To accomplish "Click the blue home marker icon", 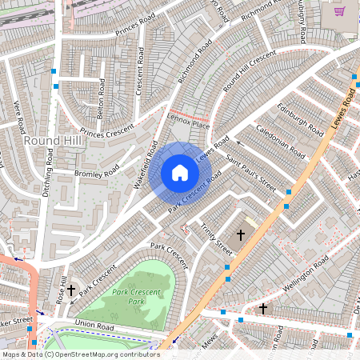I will coord(180,172).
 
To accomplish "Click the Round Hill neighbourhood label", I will coord(52,141).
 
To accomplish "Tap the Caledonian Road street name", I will coord(280,140).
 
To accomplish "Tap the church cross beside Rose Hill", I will coord(71,290).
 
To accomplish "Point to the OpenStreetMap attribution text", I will coord(80,354).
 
